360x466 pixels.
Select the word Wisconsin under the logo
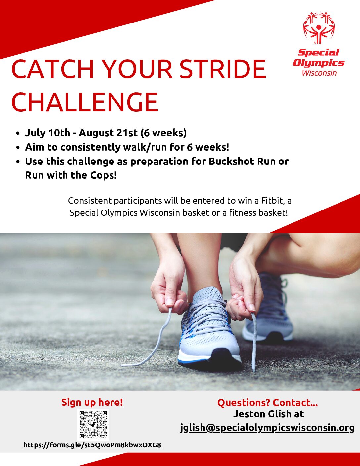click(319, 73)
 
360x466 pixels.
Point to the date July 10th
click(48, 133)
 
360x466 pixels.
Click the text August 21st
click(108, 133)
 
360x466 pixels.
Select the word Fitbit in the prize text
click(273, 201)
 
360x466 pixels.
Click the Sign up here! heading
click(92, 402)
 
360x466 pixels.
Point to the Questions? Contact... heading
click(267, 403)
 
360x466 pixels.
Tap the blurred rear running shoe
click(268, 307)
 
